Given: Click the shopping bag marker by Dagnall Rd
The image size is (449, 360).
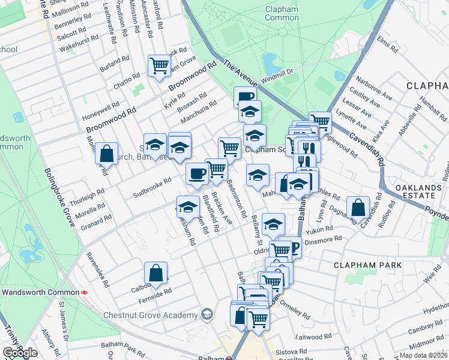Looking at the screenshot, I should pos(358,208).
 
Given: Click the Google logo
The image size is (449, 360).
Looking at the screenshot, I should pos(20,353).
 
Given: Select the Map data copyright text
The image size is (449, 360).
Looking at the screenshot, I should pos(424,355).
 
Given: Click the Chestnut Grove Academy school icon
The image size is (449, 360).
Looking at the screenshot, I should pos(207,314).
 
